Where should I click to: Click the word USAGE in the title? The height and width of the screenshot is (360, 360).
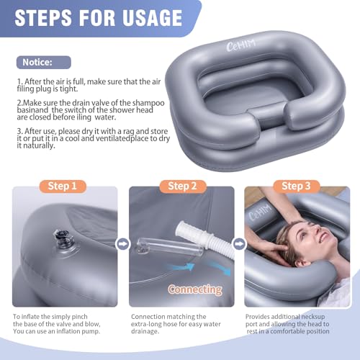click(153, 18)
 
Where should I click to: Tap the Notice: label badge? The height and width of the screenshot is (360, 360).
click(44, 63)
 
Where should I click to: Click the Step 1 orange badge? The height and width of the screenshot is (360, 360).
click(63, 186)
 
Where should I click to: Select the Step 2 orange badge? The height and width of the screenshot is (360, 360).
click(182, 186)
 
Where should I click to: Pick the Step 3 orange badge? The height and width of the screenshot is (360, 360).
click(296, 186)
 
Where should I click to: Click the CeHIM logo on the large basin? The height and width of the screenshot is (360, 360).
click(240, 45)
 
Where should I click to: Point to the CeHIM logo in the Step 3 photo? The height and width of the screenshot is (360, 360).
click(260, 212)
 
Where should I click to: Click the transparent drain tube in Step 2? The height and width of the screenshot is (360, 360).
click(170, 247)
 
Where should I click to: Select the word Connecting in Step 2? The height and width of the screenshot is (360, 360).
click(195, 289)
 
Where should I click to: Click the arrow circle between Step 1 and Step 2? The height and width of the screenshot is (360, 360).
click(123, 244)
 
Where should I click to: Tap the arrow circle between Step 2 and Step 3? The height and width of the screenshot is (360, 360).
click(238, 244)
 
